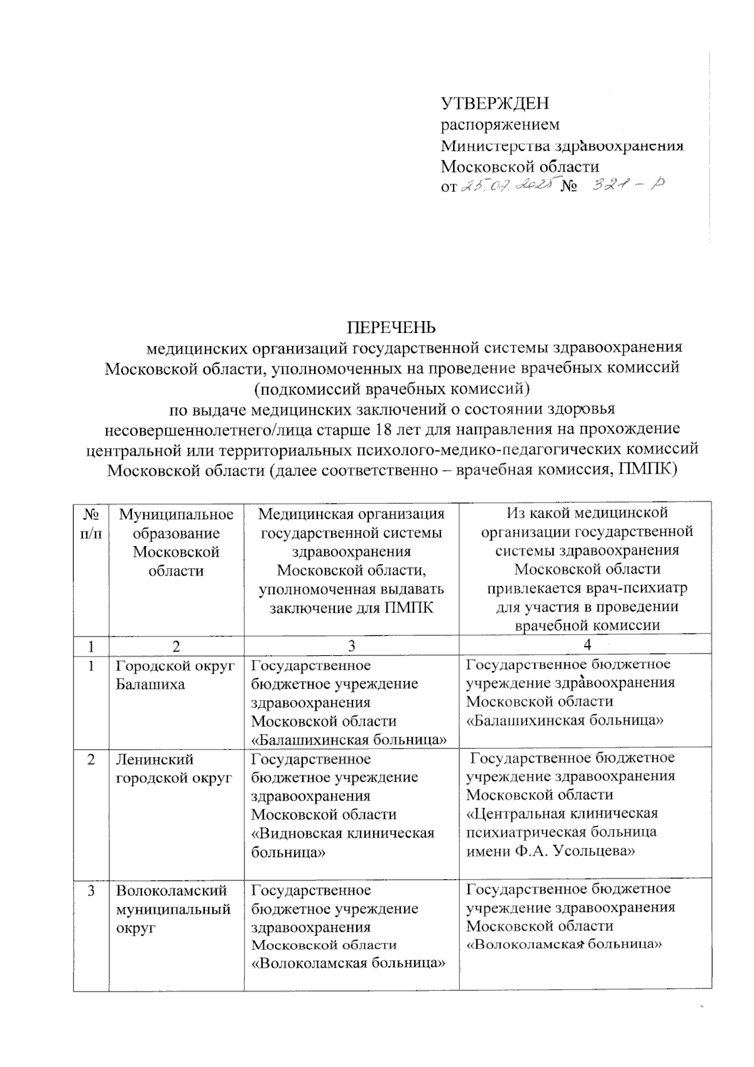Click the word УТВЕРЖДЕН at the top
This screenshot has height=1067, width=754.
[x=494, y=103]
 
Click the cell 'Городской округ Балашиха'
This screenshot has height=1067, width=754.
[x=175, y=675]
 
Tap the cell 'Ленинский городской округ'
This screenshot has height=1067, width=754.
[x=173, y=769]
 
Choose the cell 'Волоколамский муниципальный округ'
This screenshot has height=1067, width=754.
[x=172, y=909]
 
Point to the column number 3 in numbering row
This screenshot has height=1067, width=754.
[x=351, y=645]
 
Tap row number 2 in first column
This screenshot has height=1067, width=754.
[x=92, y=760]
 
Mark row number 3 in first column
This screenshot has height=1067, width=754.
[x=92, y=890]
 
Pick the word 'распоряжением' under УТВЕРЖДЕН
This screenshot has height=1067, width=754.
[x=500, y=124]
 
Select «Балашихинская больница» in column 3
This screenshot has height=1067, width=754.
[x=349, y=740]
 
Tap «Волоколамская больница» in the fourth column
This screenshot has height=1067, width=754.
[x=564, y=943]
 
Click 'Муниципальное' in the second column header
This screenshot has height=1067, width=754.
[x=177, y=515]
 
